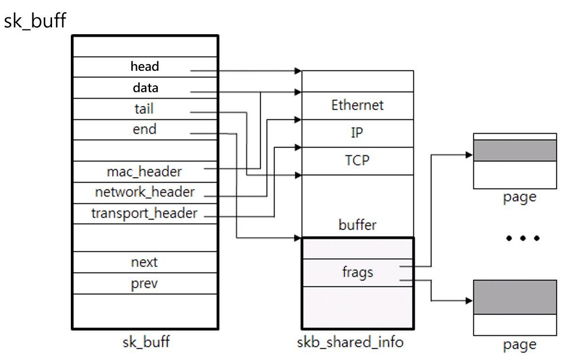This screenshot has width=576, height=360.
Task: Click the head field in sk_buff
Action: (145, 67)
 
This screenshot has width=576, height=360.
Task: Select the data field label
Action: (145, 88)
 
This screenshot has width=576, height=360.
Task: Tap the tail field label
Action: (144, 109)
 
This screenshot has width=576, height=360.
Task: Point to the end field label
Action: (144, 129)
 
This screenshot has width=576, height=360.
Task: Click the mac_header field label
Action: (144, 172)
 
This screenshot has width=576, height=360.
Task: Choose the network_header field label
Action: (145, 192)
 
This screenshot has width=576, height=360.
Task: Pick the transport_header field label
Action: (144, 213)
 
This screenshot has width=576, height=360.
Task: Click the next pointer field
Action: (145, 262)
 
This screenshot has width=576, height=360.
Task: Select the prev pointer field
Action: (145, 284)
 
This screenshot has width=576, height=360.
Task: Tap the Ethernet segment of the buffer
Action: (357, 105)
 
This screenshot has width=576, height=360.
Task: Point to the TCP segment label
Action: (357, 160)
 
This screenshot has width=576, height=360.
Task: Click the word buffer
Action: (357, 225)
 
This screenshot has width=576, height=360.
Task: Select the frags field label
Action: (358, 272)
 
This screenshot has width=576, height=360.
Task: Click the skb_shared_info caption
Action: (350, 342)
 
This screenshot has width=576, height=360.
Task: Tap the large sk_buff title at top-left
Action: (35, 21)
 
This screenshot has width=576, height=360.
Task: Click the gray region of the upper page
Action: (515, 150)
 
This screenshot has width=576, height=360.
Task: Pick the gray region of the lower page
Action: (515, 297)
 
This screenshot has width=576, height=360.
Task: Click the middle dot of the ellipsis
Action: (523, 238)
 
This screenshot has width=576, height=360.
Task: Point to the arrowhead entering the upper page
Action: (469, 155)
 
